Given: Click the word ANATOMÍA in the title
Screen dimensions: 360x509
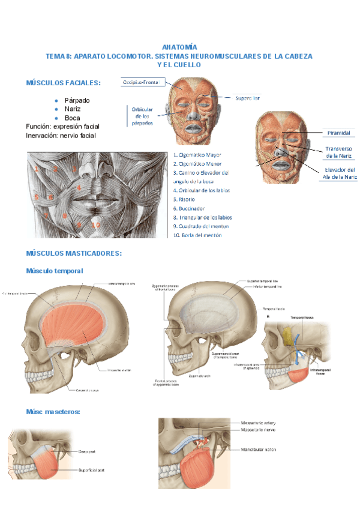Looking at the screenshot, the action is click(x=180, y=47).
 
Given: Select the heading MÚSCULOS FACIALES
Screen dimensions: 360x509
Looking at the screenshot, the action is click(x=63, y=83).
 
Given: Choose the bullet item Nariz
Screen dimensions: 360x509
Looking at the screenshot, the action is click(x=73, y=109).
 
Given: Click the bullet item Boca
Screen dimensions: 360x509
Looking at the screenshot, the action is click(x=72, y=118).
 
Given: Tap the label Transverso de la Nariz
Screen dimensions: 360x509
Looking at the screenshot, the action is click(x=338, y=152).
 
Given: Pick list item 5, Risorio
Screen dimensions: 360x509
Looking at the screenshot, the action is click(x=185, y=199).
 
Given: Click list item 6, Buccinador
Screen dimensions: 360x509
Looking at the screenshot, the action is click(x=189, y=208).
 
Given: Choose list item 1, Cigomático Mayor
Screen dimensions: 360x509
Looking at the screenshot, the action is click(x=196, y=154).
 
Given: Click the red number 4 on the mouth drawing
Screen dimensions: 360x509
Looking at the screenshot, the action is click(x=79, y=187).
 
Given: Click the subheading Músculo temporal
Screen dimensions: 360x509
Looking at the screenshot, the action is click(x=55, y=271).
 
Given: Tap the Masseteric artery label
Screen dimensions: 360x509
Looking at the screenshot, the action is click(x=259, y=423).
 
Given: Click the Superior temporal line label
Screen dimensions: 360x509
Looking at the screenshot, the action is click(x=263, y=281).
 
